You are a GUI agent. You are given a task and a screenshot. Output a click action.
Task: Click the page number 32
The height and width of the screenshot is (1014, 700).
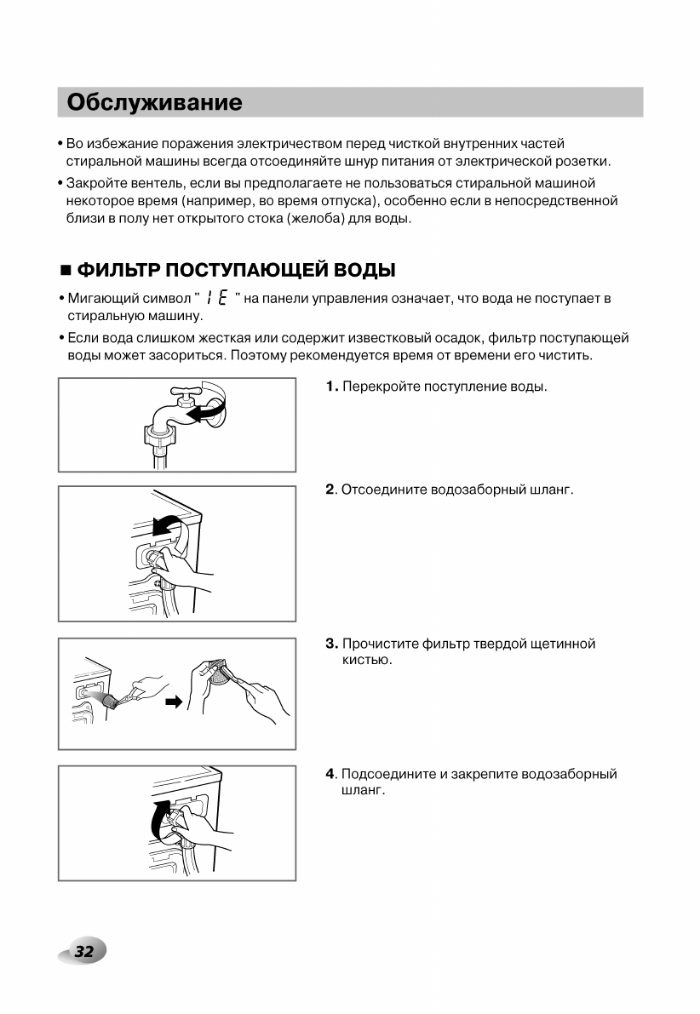click(83, 952)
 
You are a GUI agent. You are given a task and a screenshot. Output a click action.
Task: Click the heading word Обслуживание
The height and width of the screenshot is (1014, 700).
click(154, 103)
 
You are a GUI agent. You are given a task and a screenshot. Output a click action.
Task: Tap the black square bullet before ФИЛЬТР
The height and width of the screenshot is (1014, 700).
click(65, 272)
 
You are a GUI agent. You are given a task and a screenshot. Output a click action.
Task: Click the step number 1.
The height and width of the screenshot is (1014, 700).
click(330, 387)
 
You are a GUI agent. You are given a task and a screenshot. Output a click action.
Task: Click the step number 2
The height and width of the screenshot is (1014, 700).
click(330, 490)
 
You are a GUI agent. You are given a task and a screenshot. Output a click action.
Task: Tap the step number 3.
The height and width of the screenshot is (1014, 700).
click(330, 644)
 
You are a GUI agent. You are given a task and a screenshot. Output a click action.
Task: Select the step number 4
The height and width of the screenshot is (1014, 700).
click(330, 774)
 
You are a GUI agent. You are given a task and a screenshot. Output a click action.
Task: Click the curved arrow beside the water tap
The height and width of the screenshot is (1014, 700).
click(209, 409)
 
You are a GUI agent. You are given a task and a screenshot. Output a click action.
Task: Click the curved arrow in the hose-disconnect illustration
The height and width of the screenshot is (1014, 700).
click(167, 526)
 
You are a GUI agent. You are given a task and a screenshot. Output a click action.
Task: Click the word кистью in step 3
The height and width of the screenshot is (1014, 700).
click(360, 660)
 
